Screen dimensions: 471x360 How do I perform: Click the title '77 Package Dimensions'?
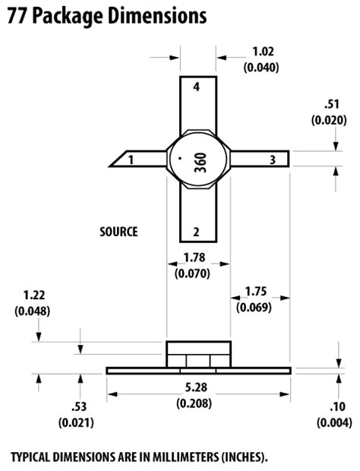click(106, 15)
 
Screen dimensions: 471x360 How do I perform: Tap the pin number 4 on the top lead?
click(196, 88)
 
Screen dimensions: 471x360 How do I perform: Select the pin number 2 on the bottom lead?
click(196, 232)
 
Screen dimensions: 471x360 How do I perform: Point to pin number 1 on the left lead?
click(131, 160)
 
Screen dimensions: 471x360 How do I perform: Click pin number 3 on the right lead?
click(272, 160)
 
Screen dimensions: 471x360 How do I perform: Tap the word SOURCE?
click(119, 232)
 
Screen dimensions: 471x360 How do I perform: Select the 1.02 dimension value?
click(261, 52)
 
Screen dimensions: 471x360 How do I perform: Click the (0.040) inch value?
click(261, 67)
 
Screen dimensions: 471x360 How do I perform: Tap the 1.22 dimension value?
click(33, 296)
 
